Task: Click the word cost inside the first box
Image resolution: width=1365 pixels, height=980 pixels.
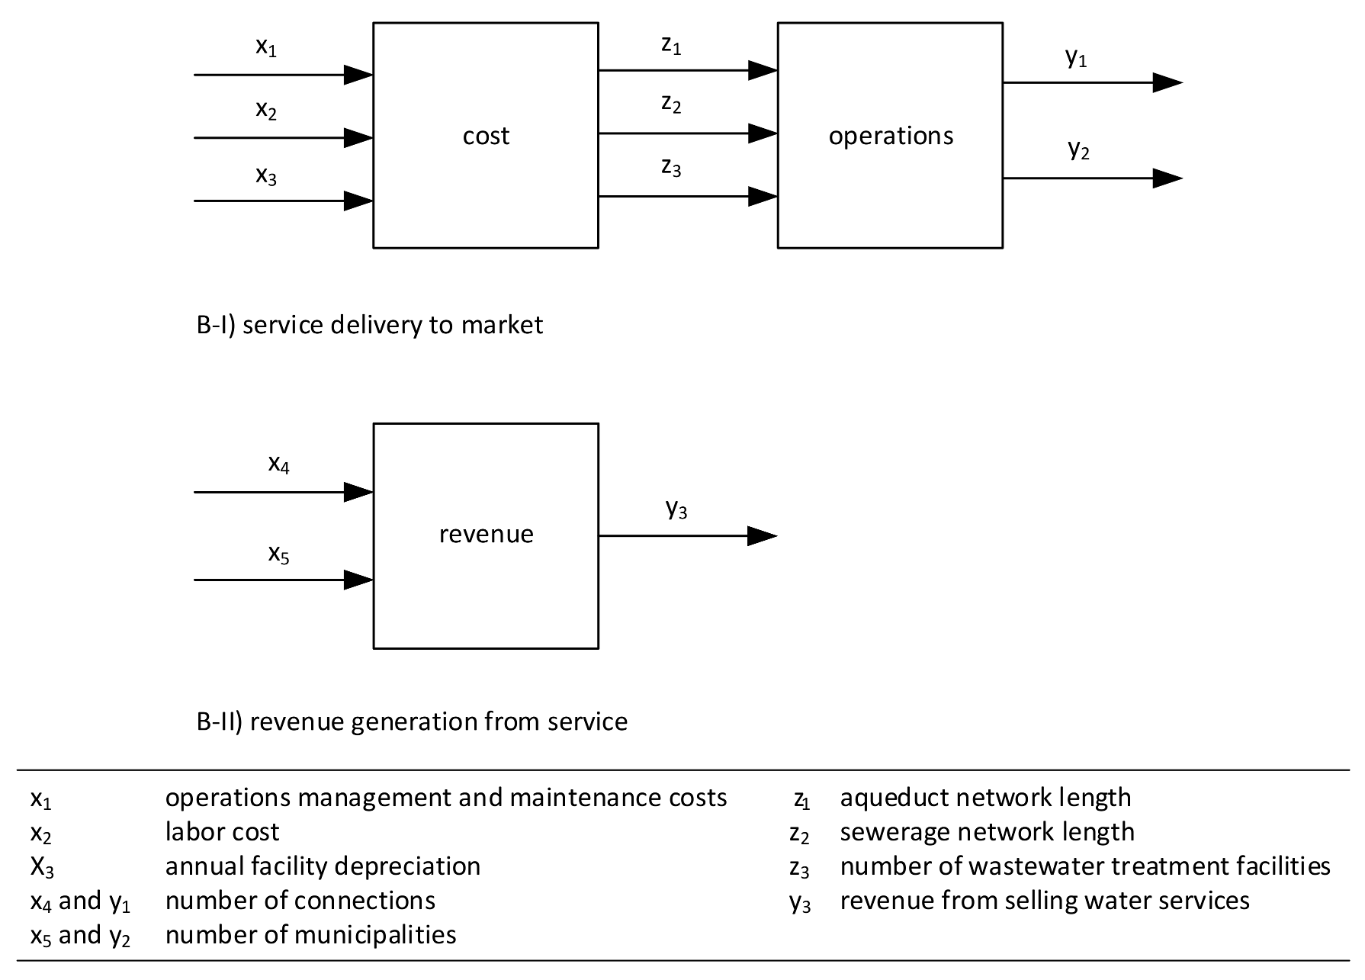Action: click(486, 136)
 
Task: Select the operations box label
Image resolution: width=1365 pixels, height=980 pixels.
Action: click(891, 136)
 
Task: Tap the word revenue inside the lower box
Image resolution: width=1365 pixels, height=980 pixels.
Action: click(486, 534)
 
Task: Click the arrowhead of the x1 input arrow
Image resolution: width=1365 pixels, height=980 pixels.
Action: click(358, 75)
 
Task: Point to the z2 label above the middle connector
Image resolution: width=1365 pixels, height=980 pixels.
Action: click(671, 104)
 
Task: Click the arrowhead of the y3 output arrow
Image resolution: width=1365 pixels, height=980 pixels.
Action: click(762, 536)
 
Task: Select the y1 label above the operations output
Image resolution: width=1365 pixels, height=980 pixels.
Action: click(1076, 57)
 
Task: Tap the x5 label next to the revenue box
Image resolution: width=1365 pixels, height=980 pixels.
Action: click(278, 554)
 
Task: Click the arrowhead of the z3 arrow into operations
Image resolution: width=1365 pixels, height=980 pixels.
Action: click(763, 197)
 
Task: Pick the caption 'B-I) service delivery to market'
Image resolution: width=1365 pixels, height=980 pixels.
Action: click(370, 325)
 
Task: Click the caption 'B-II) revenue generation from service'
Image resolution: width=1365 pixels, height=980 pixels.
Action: click(412, 721)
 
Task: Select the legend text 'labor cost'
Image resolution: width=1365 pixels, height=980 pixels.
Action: click(223, 832)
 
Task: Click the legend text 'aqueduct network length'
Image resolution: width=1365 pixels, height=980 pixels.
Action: click(985, 798)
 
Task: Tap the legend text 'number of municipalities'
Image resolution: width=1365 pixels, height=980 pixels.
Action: click(310, 935)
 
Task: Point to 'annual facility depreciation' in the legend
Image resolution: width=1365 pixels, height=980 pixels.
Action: click(323, 866)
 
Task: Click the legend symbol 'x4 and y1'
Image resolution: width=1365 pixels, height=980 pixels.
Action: click(80, 901)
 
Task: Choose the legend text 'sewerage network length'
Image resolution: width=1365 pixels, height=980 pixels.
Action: click(987, 832)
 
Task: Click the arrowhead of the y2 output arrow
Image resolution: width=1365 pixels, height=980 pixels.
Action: click(1167, 178)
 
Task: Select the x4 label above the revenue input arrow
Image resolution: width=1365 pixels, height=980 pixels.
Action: click(278, 464)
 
